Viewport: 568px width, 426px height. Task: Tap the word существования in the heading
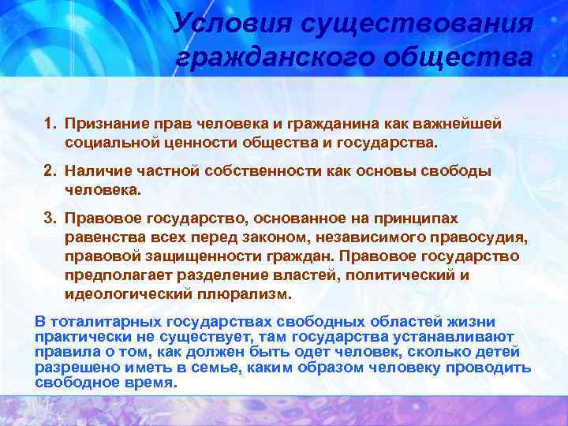coord(422,24)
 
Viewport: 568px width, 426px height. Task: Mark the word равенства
coord(103,237)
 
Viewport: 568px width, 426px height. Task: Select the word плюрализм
coord(251,294)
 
